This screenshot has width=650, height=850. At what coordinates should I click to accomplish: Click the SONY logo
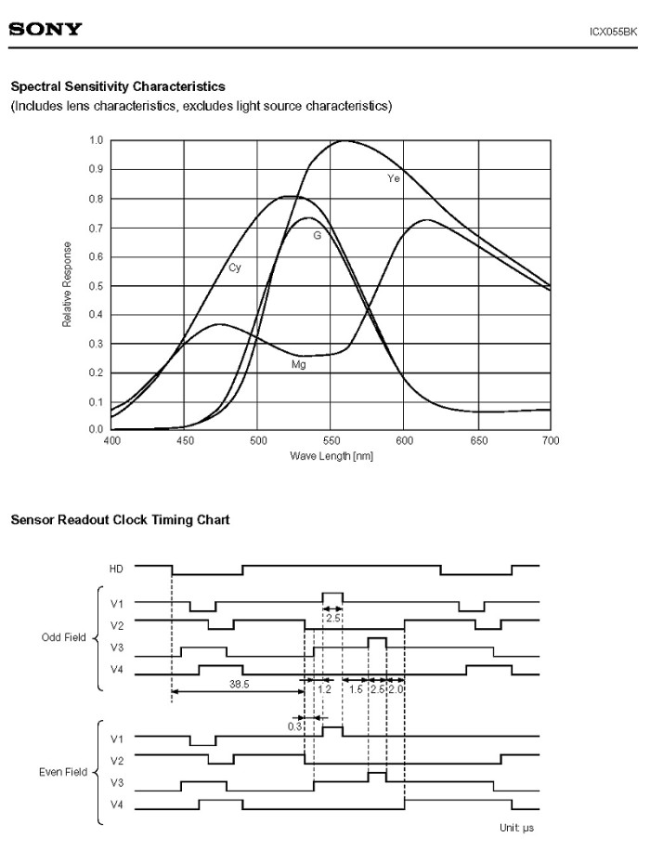(45, 29)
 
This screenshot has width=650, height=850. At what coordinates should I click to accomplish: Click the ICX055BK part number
(613, 32)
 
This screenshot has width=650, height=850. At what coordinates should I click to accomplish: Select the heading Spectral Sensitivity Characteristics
(118, 86)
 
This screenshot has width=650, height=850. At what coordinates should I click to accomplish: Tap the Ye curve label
(394, 178)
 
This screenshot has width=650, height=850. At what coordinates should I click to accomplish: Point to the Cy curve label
(235, 268)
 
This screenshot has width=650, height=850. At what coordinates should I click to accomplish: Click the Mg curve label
(299, 365)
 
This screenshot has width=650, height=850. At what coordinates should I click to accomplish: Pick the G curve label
(318, 235)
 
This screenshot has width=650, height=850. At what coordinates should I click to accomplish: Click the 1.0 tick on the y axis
(96, 140)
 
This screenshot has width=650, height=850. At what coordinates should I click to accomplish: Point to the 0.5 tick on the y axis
(96, 286)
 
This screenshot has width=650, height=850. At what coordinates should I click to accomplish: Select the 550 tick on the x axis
(331, 440)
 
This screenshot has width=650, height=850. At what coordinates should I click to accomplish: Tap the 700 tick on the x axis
(551, 440)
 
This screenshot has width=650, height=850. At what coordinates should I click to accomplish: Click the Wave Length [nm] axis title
(331, 456)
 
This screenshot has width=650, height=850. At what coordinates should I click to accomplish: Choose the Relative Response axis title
(67, 284)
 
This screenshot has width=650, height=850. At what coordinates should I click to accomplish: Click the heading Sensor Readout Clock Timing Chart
(121, 520)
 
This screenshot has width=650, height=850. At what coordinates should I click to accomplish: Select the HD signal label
(116, 569)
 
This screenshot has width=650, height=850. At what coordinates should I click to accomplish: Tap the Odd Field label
(64, 637)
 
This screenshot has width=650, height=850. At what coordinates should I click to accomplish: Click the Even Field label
(63, 772)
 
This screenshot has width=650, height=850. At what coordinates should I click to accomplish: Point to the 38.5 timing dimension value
(239, 684)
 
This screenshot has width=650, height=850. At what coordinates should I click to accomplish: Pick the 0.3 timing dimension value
(294, 726)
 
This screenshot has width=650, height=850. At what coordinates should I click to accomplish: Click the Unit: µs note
(516, 828)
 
